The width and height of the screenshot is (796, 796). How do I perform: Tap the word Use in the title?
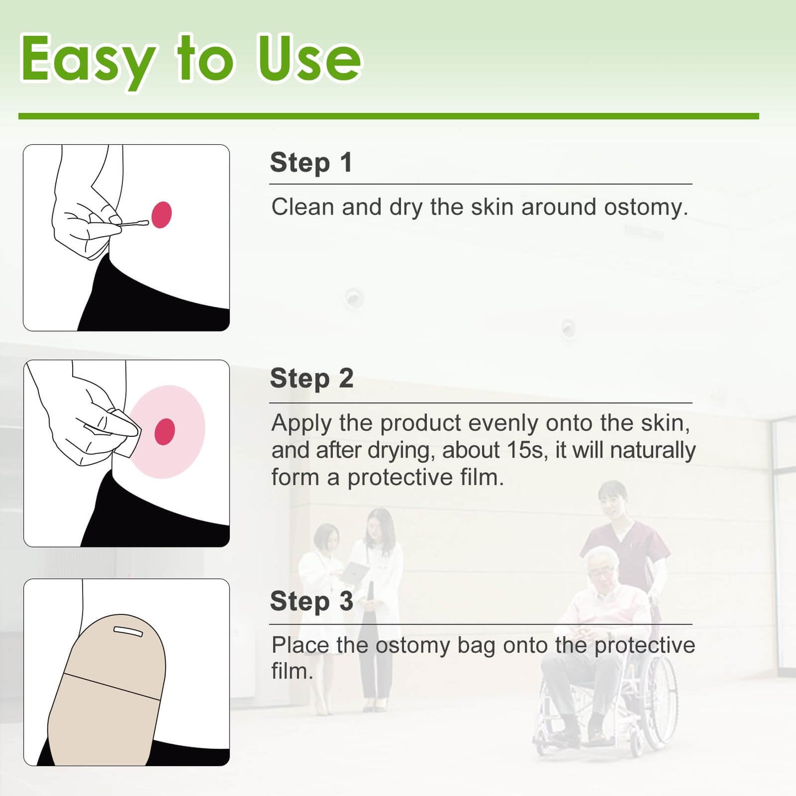(x=310, y=58)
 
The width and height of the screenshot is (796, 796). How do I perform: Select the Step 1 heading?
(x=311, y=163)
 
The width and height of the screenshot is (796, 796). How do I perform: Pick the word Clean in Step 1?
(x=302, y=207)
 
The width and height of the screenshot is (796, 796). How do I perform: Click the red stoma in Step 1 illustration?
(x=161, y=214)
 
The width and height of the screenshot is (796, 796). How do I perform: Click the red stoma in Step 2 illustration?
(x=165, y=431)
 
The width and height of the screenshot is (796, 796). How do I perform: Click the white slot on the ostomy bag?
(x=128, y=631)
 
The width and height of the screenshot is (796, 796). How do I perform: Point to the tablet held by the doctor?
(x=354, y=573)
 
